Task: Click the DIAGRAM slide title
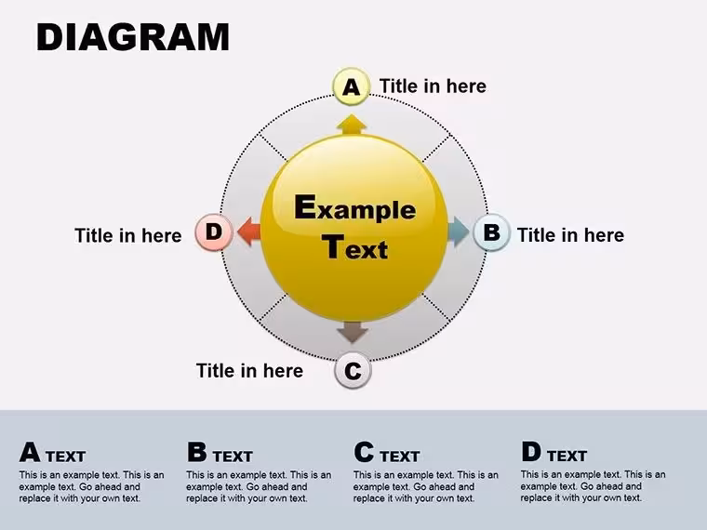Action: [x=133, y=36]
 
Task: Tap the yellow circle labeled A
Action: [x=352, y=86]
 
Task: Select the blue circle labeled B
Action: [x=491, y=232]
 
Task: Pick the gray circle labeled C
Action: [x=353, y=370]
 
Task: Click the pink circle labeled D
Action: [x=214, y=232]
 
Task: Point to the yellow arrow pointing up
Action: [x=352, y=125]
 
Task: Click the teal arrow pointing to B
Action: [x=459, y=232]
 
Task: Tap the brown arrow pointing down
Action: [x=353, y=333]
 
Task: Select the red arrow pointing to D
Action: [x=249, y=232]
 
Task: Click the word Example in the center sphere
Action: [x=354, y=207]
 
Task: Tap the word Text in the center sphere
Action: [x=354, y=247]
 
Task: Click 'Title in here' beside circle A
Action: [x=433, y=86]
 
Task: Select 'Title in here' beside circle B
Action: [x=570, y=235]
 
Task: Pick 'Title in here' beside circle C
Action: [x=250, y=370]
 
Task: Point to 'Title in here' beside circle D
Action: [x=128, y=235]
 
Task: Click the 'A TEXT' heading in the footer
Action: [x=52, y=453]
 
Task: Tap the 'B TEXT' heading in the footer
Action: [x=220, y=453]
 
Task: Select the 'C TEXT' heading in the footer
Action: [x=386, y=453]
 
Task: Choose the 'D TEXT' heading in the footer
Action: [x=554, y=452]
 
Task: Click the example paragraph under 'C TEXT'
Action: [x=426, y=486]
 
